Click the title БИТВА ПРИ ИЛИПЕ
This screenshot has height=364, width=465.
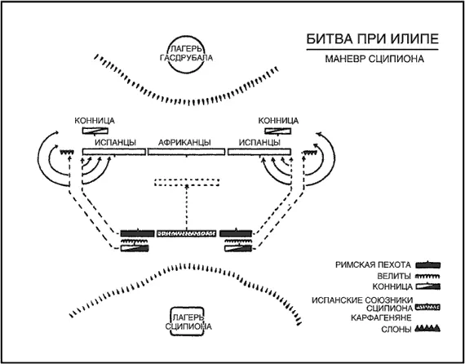372,39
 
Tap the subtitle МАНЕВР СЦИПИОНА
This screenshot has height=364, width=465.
374,59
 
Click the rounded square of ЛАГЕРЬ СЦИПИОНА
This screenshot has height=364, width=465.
171,322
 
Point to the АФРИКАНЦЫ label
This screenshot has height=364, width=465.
184,143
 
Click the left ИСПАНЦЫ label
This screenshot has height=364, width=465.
115,143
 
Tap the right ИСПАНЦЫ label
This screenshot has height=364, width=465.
259,143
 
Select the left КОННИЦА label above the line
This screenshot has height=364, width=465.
95,121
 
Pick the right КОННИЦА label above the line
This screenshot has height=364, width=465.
278,121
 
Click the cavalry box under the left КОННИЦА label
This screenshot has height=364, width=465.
95,131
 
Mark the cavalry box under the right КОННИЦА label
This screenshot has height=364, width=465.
278,131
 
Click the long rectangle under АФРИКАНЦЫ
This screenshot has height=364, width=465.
186,152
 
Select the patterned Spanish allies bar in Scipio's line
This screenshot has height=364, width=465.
186,233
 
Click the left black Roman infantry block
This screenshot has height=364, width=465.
137,233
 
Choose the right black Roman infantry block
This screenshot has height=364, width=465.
236,233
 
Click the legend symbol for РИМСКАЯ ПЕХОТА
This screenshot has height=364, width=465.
428,264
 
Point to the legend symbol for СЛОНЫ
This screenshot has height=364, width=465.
428,328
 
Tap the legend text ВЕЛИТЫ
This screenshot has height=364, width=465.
394,277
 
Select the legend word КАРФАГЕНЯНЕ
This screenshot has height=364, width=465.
381,317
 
